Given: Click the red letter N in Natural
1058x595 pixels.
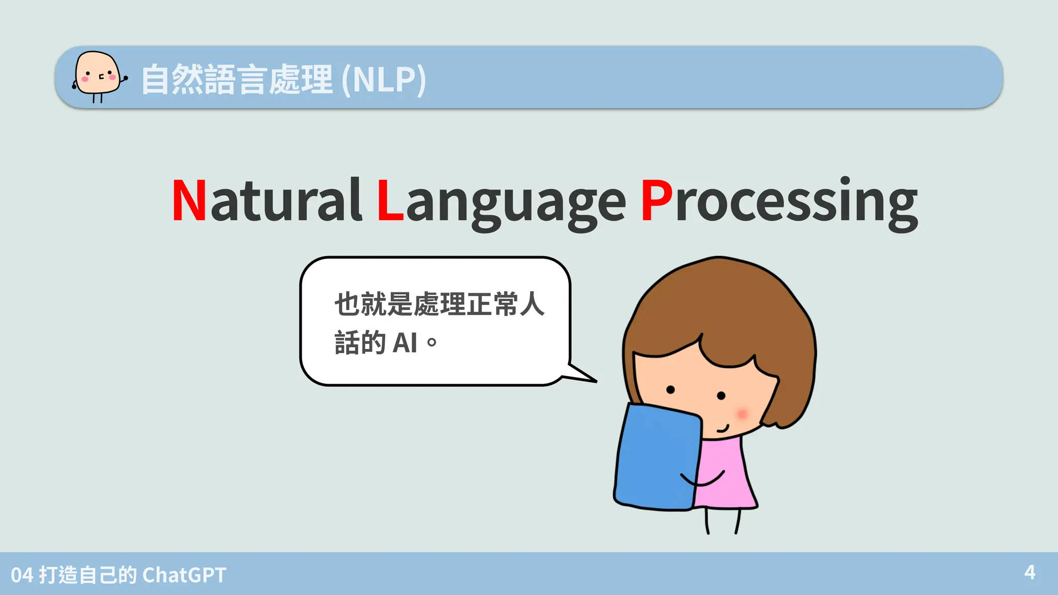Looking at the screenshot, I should click(189, 200).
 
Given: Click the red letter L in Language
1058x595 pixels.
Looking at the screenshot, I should click(390, 200).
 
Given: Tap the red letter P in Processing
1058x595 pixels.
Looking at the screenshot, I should click(657, 200).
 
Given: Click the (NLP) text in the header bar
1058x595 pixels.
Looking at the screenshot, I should click(384, 80).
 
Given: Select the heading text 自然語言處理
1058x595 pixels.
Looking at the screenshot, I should click(237, 80).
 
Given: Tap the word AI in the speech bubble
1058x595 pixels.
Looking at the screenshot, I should click(405, 343).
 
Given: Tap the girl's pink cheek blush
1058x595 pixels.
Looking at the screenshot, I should click(742, 414).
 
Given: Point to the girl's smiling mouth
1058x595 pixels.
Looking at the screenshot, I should click(722, 429).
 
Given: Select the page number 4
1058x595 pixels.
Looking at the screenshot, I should click(1030, 572).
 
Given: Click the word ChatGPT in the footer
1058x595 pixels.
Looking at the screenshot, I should click(184, 575).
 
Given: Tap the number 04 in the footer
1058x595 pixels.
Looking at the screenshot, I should click(22, 575).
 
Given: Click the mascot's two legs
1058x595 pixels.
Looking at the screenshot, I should click(97, 98).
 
